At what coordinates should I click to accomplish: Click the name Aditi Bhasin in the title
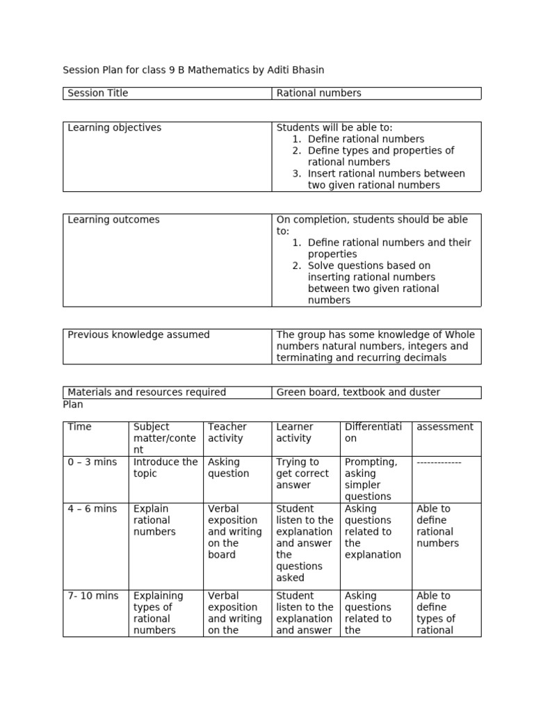tap(296, 70)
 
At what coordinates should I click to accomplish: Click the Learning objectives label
tap(114, 128)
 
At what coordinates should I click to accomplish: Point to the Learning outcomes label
tap(113, 220)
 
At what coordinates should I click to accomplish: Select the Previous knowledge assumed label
tap(138, 335)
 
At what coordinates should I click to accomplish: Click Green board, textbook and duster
tap(358, 392)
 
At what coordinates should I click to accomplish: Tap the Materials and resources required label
tap(147, 392)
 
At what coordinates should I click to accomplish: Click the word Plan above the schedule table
tap(73, 404)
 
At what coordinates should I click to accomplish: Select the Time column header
tap(79, 427)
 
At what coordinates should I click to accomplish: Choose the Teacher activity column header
tap(227, 432)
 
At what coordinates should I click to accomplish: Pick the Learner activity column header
tap(295, 432)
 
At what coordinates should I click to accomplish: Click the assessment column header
tap(444, 427)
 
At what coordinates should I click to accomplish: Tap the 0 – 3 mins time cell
tap(92, 462)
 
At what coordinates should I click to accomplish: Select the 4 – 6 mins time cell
tap(92, 509)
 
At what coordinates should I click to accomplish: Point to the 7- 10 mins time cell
tap(93, 596)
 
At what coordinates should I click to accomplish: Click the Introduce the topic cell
tap(165, 468)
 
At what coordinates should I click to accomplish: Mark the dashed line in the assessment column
tap(439, 462)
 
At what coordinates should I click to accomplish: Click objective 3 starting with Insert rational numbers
tap(386, 179)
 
